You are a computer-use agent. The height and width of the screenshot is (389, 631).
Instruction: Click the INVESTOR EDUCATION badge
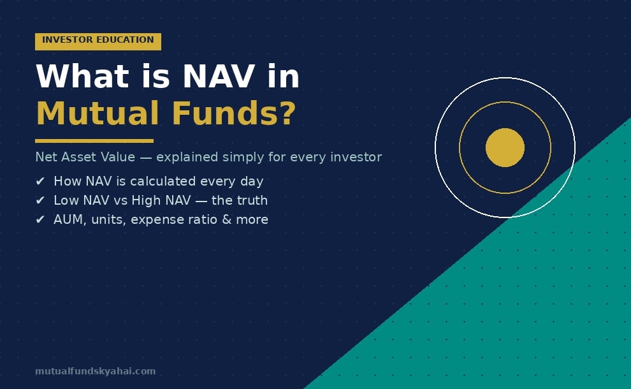[98, 41]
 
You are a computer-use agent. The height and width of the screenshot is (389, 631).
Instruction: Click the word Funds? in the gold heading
[233, 114]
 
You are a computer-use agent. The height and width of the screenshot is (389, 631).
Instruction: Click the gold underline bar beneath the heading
[94, 141]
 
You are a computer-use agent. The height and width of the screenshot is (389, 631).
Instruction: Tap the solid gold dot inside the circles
[505, 148]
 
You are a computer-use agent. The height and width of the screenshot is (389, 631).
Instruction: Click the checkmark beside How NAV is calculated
[40, 182]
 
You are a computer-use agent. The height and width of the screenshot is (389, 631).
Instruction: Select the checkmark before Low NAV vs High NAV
[40, 201]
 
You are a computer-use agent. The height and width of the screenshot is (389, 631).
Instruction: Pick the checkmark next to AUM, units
[40, 220]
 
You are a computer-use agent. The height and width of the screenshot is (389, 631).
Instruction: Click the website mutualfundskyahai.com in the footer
[95, 371]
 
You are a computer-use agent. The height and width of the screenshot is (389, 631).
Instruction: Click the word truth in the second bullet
[250, 201]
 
